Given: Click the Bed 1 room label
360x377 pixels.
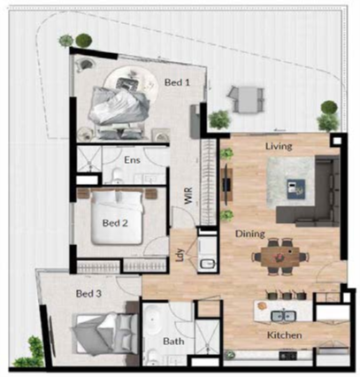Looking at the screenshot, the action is [x=177, y=82].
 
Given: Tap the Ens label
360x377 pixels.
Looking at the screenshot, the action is [x=132, y=160].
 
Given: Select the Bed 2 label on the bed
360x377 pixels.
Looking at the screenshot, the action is [x=115, y=223].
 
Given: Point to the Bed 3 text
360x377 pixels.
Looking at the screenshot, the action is [x=88, y=294].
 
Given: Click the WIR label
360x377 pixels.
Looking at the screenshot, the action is [x=188, y=196].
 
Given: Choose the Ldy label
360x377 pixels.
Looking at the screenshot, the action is [x=180, y=256].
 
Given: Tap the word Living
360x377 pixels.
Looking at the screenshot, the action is [x=279, y=146].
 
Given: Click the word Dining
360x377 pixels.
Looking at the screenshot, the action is [x=250, y=234].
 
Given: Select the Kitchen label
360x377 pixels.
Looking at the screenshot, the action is [x=285, y=335].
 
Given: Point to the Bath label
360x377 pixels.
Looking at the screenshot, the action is [x=173, y=342].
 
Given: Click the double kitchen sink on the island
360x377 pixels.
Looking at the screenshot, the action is [x=283, y=317].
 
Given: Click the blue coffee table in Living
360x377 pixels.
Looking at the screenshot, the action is [x=296, y=189].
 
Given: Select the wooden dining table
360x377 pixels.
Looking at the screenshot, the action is [x=280, y=257].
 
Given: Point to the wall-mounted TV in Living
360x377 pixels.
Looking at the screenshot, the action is [x=226, y=184].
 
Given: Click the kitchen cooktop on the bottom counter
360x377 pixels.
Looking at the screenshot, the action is [x=287, y=356].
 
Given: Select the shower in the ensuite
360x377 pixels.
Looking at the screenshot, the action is [x=89, y=159].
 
